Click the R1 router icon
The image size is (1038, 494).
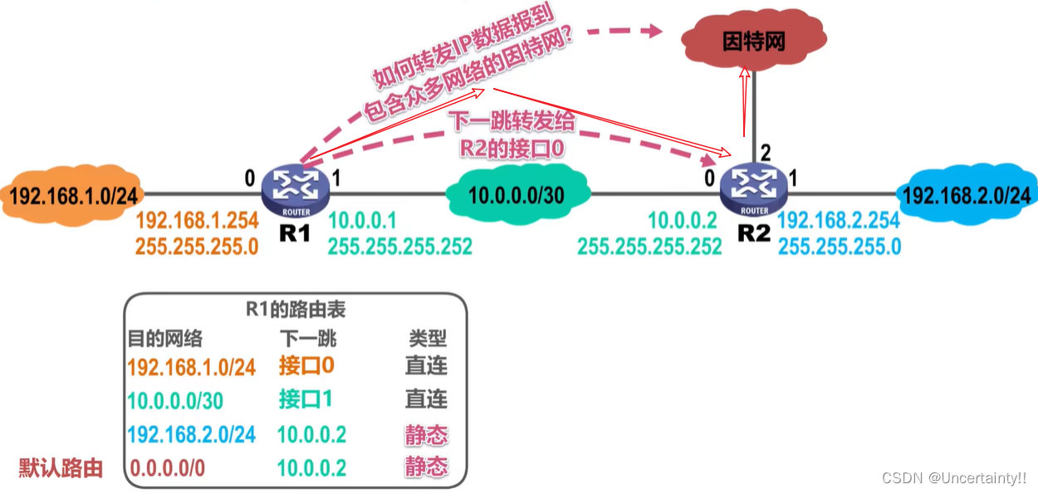click(x=295, y=190)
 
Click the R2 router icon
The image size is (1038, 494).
click(x=753, y=190)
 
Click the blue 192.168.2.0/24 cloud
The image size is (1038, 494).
click(x=966, y=196)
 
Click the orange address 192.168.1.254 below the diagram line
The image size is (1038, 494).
click(x=197, y=221)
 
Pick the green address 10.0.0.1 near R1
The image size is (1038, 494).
click(x=362, y=221)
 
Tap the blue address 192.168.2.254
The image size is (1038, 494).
click(x=840, y=221)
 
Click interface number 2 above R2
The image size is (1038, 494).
click(x=766, y=153)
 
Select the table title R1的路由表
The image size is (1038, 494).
click(x=296, y=311)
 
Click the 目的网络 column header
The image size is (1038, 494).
click(x=164, y=339)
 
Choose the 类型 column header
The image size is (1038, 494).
click(x=428, y=339)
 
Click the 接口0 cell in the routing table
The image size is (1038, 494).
click(x=306, y=365)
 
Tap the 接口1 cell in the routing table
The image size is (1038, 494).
click(x=306, y=399)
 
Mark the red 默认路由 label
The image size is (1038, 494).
click(x=61, y=467)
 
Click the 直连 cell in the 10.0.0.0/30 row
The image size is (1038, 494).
click(x=427, y=399)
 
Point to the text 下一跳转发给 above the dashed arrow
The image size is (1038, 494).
click(x=512, y=121)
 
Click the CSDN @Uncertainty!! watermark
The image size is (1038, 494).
click(x=953, y=477)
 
